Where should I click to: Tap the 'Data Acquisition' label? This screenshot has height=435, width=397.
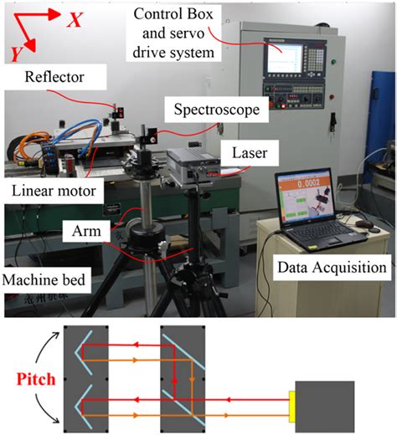pos(329,269)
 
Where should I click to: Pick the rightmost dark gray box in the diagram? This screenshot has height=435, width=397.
pos(329,405)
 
